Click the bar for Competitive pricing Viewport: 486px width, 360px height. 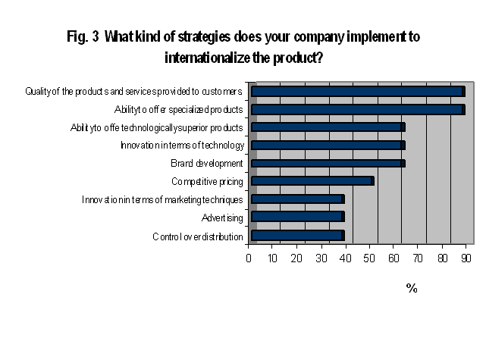point(312,181)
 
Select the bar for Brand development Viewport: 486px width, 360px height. point(328,163)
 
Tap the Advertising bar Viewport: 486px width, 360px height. point(297,217)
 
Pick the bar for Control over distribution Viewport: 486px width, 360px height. point(297,236)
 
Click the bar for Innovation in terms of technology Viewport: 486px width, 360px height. point(328,146)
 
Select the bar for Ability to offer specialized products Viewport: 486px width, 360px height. point(358,109)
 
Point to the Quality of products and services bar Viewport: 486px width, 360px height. point(358,92)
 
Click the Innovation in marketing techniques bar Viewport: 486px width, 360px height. point(297,199)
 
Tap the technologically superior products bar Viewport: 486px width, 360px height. point(328,127)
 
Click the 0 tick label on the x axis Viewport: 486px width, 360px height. point(248,258)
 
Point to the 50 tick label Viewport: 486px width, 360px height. point(369,258)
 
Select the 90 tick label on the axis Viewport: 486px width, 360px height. point(466,258)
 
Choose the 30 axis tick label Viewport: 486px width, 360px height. point(321,258)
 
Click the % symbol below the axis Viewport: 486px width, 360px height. point(412,288)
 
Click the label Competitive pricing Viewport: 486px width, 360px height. point(207,182)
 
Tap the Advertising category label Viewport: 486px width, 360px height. point(222,218)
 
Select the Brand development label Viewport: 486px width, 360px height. point(207,163)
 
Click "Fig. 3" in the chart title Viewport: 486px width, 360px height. point(83,36)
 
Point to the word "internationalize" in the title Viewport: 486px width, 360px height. point(207,58)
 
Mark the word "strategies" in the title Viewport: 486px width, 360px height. point(204,37)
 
